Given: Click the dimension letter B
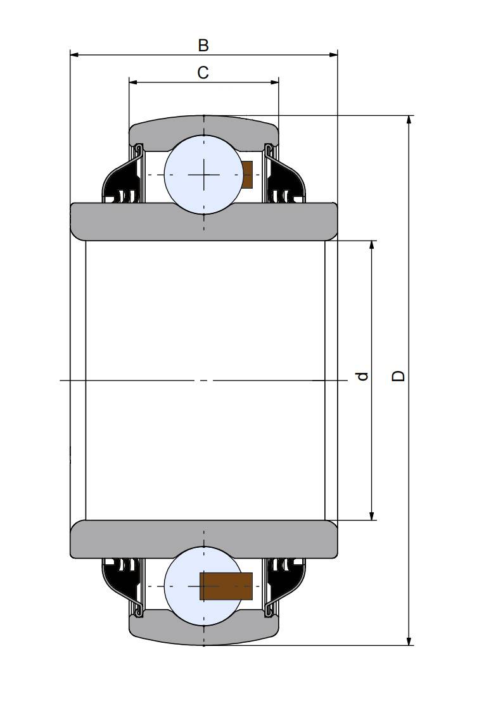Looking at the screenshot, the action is pos(203,45).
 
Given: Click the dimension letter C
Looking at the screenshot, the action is pos(203,72).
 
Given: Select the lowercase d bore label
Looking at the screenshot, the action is pos(362,376).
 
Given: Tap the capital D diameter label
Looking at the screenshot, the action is pos(398,376).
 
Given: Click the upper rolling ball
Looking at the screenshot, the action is pos(204,175).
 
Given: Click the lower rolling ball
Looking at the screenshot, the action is pos(204,586).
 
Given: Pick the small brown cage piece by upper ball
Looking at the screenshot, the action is pos(248,175).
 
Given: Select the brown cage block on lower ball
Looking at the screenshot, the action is pos(226,586).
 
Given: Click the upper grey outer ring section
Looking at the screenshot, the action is pos(204,129).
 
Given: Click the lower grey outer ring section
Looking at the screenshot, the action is pos(204,632).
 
